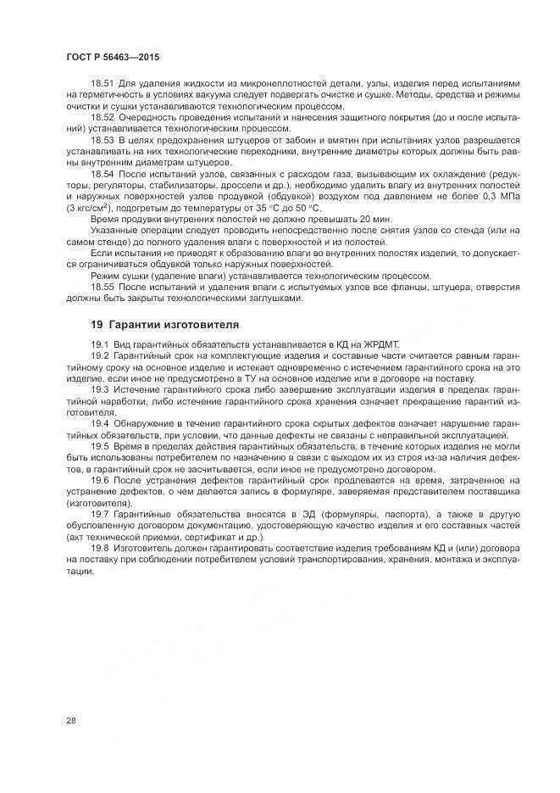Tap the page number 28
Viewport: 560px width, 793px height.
coord(70,720)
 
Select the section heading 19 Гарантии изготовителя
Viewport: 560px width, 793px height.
coord(164,325)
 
